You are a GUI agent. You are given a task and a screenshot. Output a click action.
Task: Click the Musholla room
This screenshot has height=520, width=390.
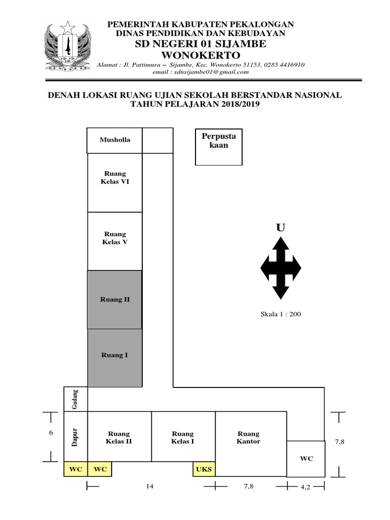coord(115,140)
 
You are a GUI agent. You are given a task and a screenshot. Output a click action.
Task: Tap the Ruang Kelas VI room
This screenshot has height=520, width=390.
coord(115,183)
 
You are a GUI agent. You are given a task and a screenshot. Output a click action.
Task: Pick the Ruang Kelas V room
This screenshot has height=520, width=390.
coord(115,241)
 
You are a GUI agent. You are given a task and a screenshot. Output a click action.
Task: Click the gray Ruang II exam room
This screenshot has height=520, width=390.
coord(115,300)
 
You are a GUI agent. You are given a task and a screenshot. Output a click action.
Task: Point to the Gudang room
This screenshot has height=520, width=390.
coord(76,399)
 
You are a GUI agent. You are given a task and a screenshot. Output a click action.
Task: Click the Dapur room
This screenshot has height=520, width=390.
coord(76,437)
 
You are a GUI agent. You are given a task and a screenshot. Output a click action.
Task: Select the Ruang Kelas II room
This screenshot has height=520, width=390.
coord(120,437)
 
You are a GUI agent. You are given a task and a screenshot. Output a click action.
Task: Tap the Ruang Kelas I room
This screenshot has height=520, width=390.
coord(183,437)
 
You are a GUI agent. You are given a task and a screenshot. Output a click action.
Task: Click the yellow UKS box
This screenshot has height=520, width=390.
coord(204,469)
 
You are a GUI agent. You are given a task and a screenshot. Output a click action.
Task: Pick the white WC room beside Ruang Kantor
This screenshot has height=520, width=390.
coord(306,459)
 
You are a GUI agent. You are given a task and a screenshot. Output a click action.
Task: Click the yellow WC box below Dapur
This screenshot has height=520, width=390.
coord(76,469)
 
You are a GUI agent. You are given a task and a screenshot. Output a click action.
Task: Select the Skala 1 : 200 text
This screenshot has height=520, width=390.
coord(281,314)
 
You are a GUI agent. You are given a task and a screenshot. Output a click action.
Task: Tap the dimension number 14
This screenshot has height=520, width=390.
coord(149,486)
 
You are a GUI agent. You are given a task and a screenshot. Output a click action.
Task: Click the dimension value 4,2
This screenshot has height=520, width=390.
coord(305,487)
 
